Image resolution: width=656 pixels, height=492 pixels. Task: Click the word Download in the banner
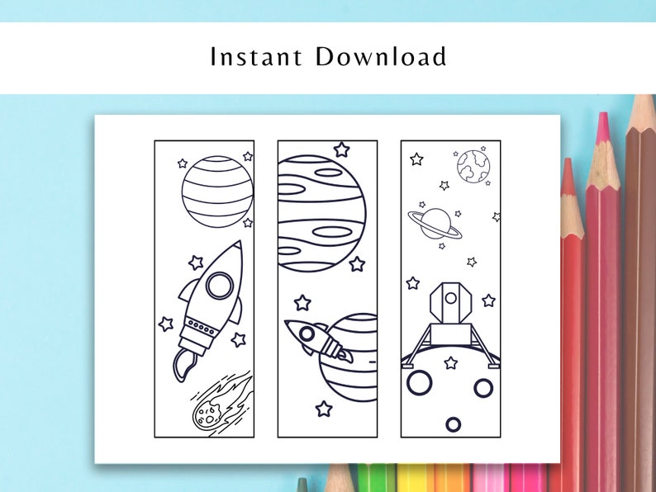(x=381, y=57)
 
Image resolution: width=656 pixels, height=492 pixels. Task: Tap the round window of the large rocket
(x=219, y=286)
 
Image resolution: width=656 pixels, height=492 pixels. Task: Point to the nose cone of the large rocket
(x=235, y=251)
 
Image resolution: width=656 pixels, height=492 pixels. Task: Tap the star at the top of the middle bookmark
(x=341, y=149)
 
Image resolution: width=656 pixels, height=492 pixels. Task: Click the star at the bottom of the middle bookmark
(x=324, y=409)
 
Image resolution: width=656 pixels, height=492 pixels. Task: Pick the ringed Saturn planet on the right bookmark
(x=435, y=222)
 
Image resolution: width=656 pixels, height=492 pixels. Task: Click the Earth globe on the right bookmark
(x=473, y=164)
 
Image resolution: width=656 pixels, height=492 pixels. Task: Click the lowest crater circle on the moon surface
(x=453, y=424)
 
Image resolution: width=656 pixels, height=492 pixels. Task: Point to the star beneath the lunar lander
(x=450, y=362)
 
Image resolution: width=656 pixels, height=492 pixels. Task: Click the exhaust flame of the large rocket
(x=183, y=364)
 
